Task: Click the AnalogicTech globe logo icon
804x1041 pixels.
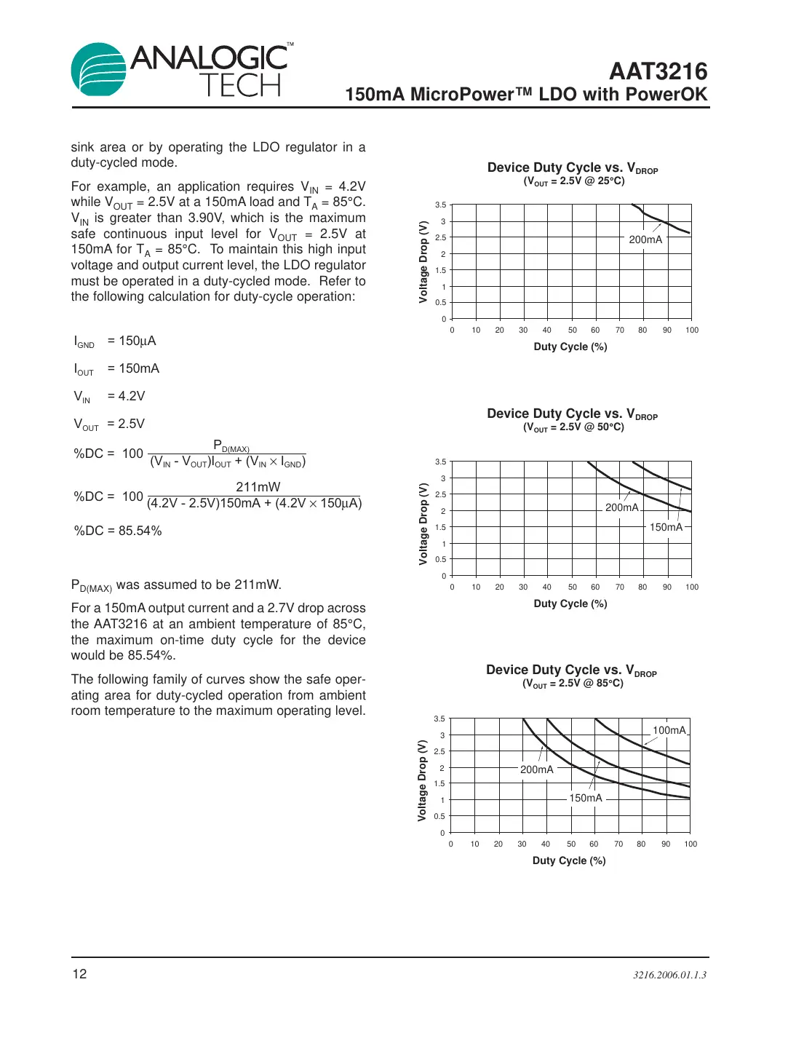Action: [99, 70]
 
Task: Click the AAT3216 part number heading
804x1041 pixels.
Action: [658, 71]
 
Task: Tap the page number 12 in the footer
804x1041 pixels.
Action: [79, 974]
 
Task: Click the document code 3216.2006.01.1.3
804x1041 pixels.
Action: [669, 975]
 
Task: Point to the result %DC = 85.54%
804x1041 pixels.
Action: [118, 531]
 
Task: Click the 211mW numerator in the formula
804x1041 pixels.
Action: [258, 487]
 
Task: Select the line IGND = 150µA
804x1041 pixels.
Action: [115, 341]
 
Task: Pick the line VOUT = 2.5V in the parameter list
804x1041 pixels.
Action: [109, 424]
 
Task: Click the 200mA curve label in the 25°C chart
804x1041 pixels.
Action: [645, 240]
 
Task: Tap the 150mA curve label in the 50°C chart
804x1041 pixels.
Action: [666, 527]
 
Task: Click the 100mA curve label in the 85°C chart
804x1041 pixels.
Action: [669, 730]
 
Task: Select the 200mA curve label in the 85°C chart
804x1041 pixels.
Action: [536, 769]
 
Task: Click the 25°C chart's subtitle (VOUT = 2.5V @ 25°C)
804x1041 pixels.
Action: [573, 181]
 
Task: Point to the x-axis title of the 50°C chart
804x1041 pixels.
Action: [570, 603]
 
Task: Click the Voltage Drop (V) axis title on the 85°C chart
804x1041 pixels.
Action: [421, 780]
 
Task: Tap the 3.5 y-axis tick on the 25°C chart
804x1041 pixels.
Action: [440, 205]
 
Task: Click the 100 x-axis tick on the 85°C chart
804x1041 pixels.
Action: [690, 844]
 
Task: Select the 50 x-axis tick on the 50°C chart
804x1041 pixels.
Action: [573, 587]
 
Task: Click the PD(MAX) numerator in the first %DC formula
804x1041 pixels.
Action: [231, 446]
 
